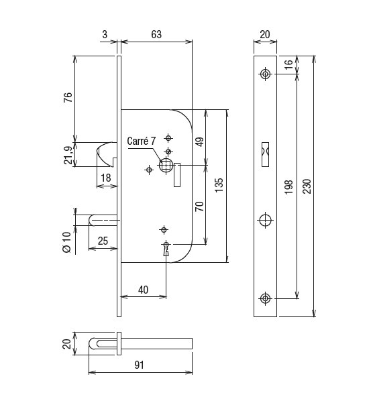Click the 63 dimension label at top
[x=156, y=34]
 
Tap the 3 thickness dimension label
[x=105, y=34]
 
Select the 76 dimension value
[x=68, y=97]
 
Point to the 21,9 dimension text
[x=68, y=155]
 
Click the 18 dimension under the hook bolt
[x=106, y=178]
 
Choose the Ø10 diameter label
[x=67, y=242]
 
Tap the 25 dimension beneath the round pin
[x=103, y=241]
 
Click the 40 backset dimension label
[x=143, y=290]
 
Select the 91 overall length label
[x=139, y=365]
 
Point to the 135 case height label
[x=219, y=185]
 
